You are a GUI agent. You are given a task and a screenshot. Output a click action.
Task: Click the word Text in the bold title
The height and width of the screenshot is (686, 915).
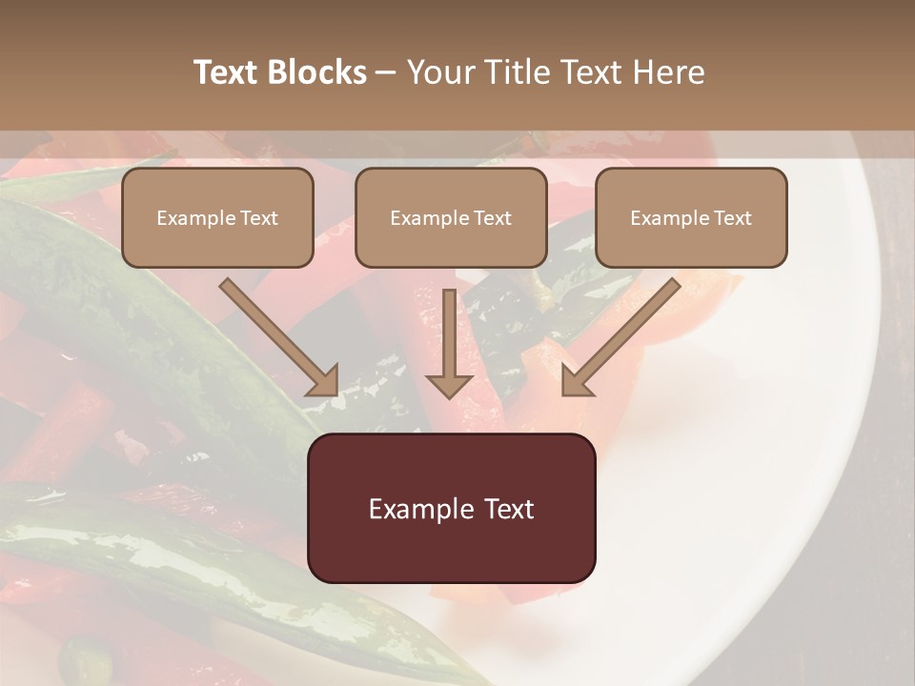tap(227, 72)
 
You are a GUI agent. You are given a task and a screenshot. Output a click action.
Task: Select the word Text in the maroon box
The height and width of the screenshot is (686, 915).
tap(510, 509)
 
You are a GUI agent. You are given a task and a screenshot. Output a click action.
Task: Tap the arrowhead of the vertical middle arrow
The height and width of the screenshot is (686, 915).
tap(450, 386)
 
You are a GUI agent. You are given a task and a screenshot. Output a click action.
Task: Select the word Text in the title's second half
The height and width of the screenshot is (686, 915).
tap(587, 72)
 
